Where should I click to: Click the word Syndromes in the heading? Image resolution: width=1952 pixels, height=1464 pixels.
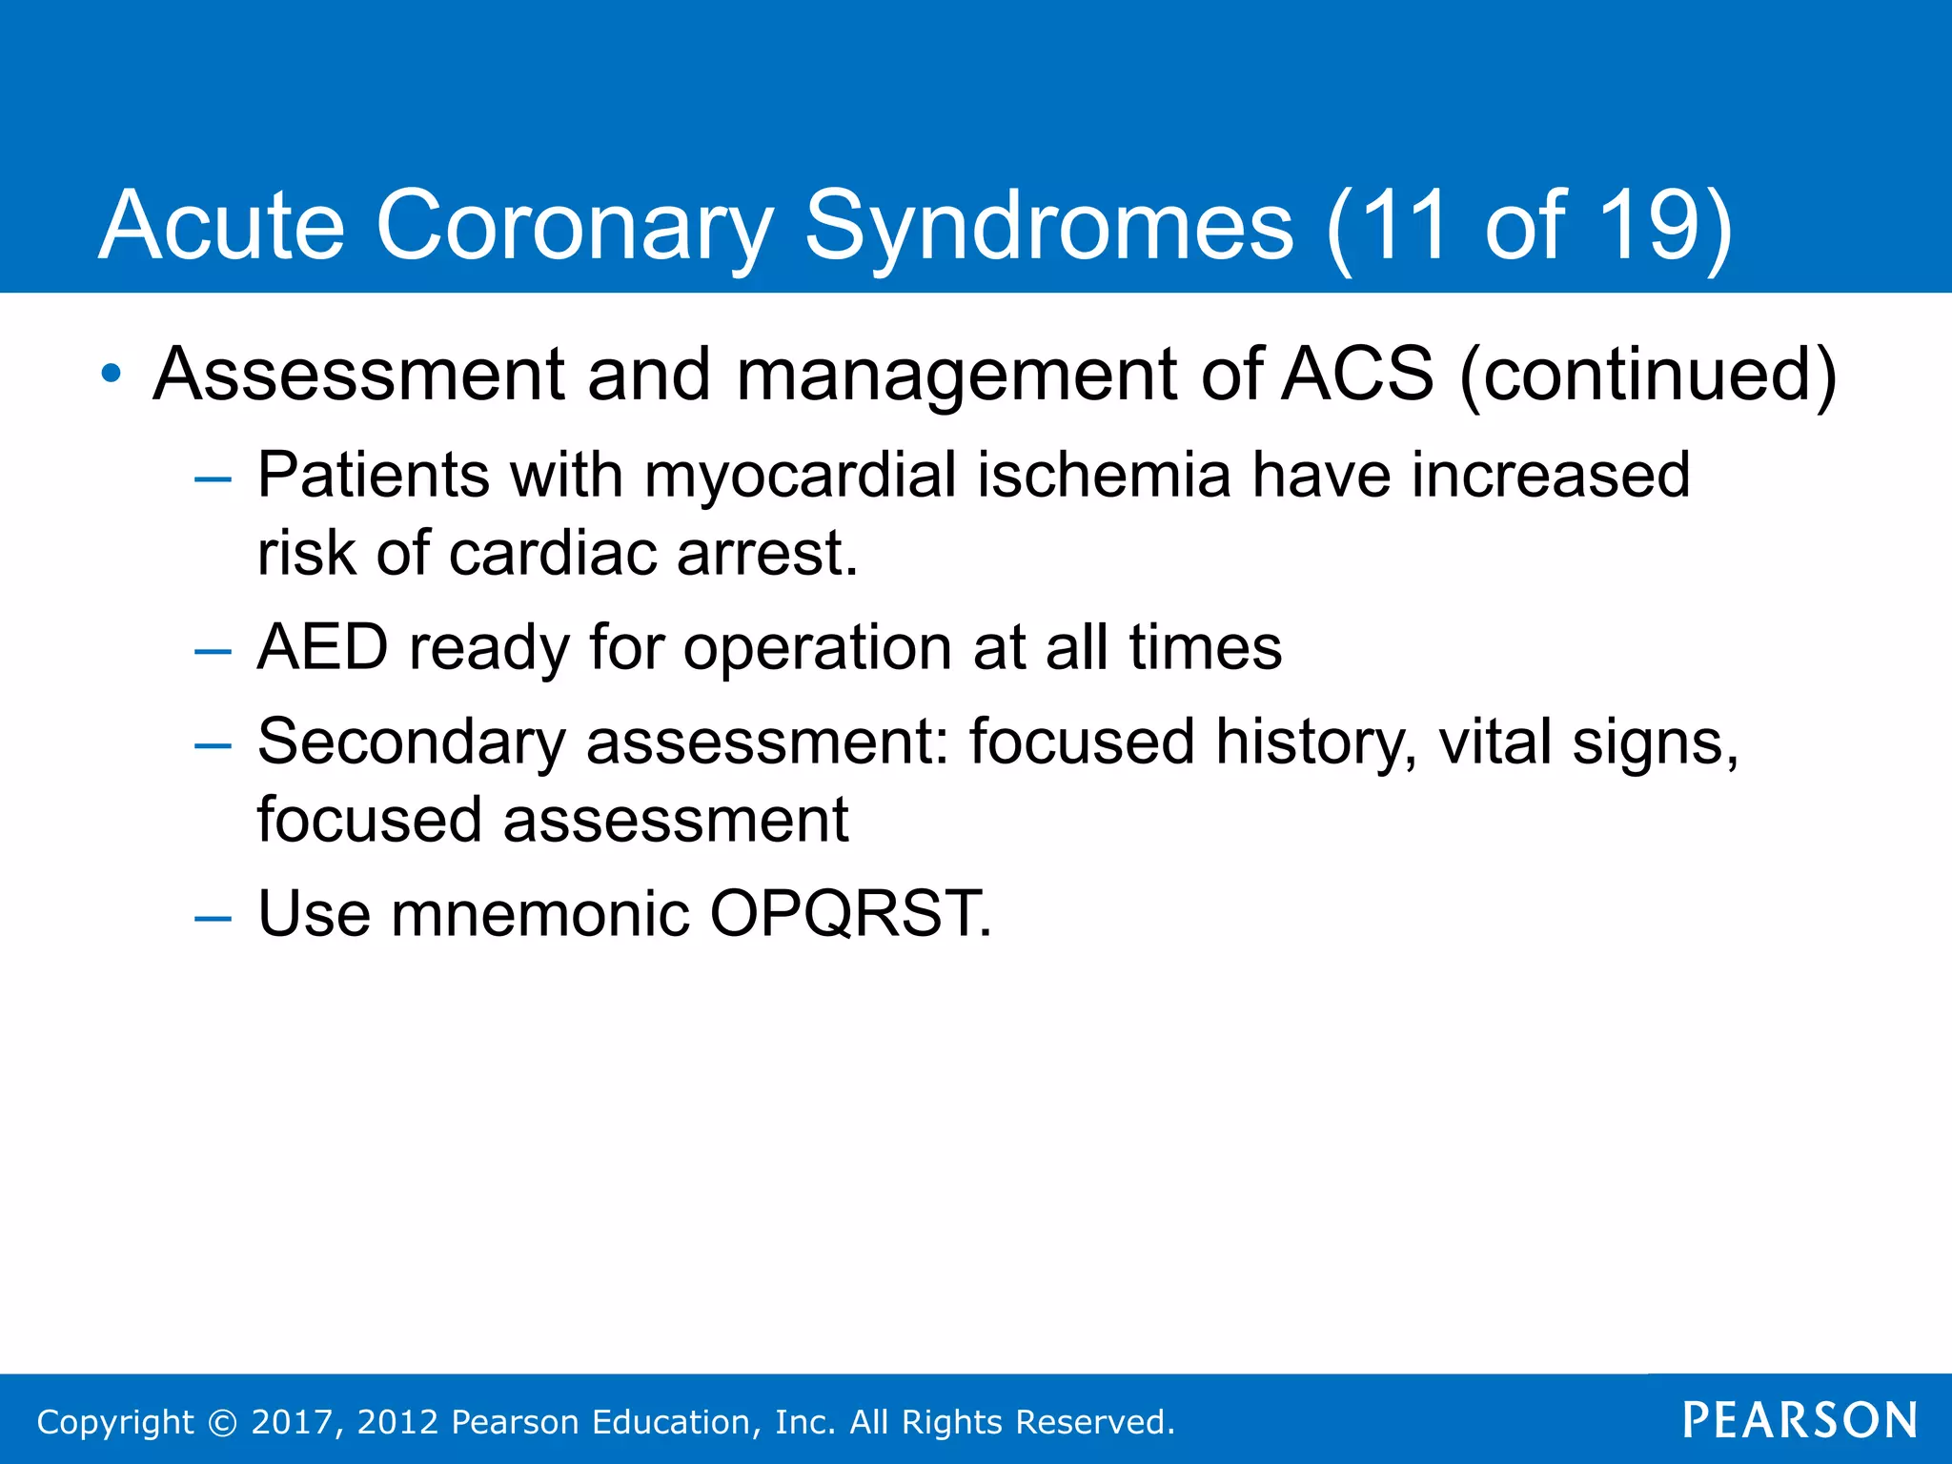1048,226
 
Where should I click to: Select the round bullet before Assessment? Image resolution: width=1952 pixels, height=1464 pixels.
112,374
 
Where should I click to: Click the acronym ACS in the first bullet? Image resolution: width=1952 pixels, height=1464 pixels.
1356,374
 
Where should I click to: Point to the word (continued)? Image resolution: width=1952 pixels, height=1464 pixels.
1647,374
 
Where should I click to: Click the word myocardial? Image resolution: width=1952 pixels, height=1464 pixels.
800,475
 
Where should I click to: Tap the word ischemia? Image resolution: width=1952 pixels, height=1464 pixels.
1104,475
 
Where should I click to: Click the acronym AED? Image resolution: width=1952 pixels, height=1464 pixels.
322,647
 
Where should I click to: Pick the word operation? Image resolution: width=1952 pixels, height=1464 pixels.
817,649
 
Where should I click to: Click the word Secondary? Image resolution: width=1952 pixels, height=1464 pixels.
411,742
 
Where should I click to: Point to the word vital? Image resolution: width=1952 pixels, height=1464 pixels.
1494,742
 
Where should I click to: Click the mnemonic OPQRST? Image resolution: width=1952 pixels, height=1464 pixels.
850,914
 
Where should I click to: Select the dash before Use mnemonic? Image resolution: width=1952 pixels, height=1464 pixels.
213,918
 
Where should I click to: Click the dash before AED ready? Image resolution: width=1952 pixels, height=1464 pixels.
213,652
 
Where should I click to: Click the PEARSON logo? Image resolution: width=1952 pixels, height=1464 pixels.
1799,1421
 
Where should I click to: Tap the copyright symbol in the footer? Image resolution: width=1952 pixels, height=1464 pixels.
222,1422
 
